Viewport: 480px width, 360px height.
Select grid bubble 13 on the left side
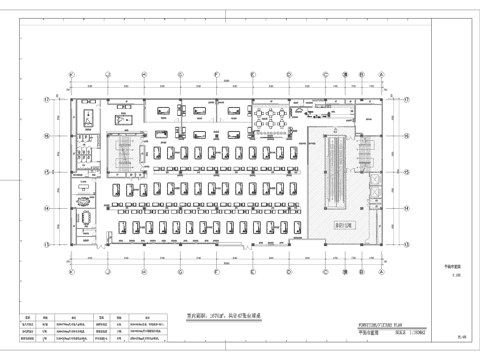click(45, 243)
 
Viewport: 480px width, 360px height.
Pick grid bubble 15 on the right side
click(407, 170)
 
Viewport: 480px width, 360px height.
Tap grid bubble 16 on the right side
click(407, 135)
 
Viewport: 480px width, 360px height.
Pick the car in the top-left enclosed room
click(89, 121)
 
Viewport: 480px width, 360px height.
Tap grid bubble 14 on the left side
click(45, 207)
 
